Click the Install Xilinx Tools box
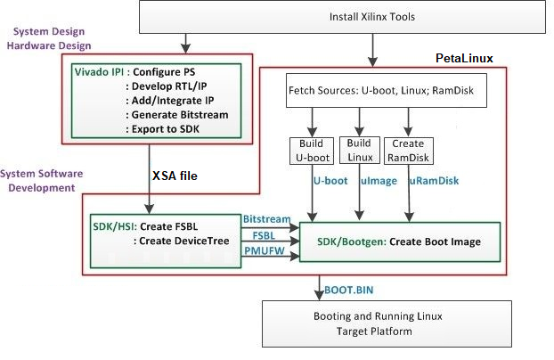[x=342, y=17]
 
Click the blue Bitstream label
[x=268, y=219]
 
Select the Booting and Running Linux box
[x=387, y=323]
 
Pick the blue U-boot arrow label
[x=329, y=182]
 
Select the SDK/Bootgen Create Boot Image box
[x=397, y=242]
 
